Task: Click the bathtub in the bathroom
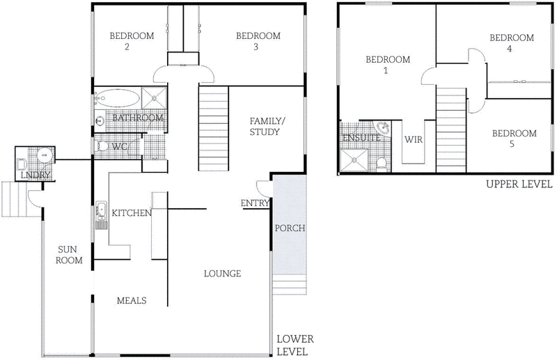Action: pyautogui.click(x=116, y=98)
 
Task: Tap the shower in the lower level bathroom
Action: pyautogui.click(x=154, y=98)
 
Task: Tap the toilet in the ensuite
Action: pyautogui.click(x=381, y=163)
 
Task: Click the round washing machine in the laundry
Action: pyautogui.click(x=44, y=156)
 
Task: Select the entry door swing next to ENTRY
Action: pyautogui.click(x=262, y=188)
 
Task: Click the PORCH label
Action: pyautogui.click(x=289, y=228)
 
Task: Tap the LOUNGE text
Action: pyautogui.click(x=222, y=274)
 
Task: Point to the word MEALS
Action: pyautogui.click(x=131, y=300)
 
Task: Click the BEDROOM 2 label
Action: pyautogui.click(x=127, y=42)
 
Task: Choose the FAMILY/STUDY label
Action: pyautogui.click(x=265, y=126)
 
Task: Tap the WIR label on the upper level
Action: pyautogui.click(x=414, y=139)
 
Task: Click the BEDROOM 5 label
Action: pyautogui.click(x=514, y=139)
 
